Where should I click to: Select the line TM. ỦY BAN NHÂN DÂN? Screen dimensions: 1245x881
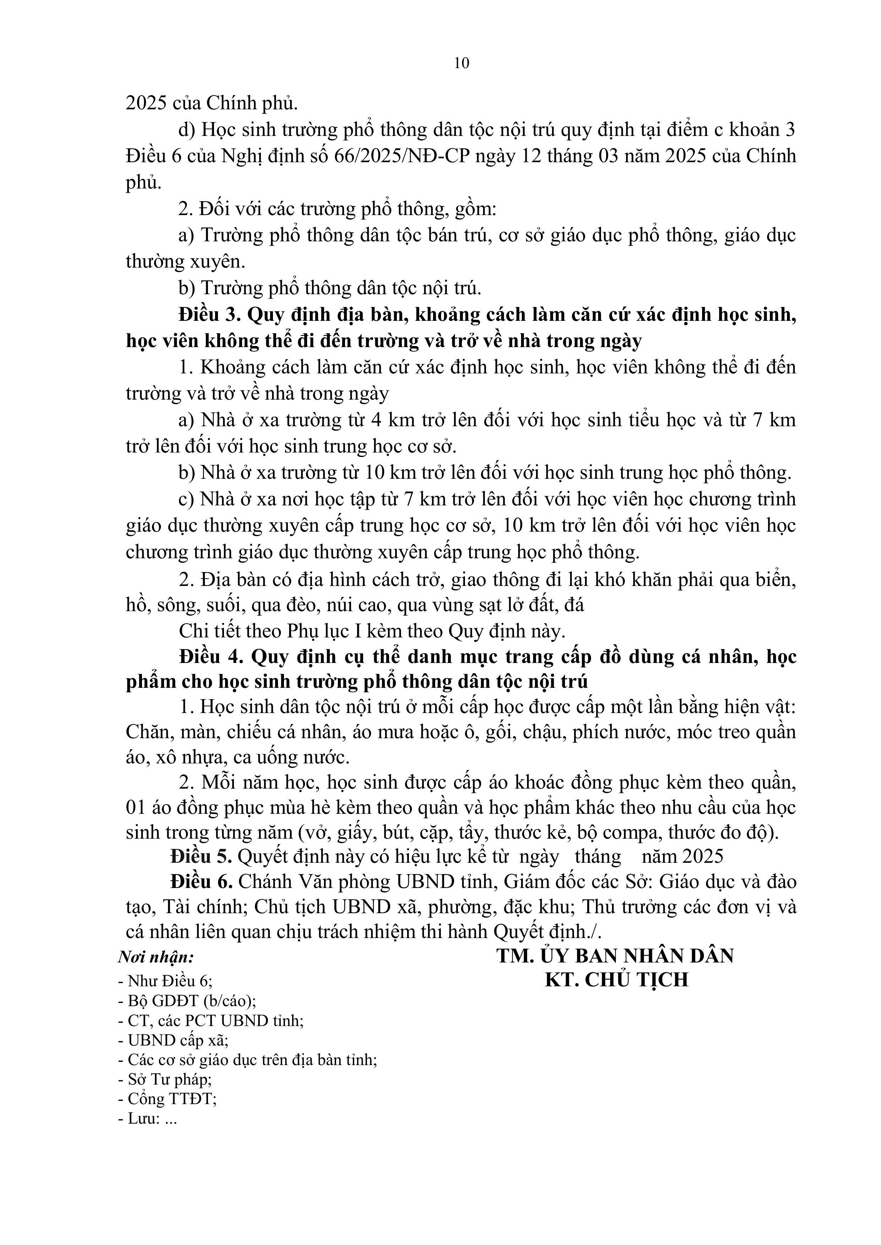(x=615, y=955)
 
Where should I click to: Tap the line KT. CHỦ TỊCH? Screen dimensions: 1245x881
(x=616, y=979)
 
